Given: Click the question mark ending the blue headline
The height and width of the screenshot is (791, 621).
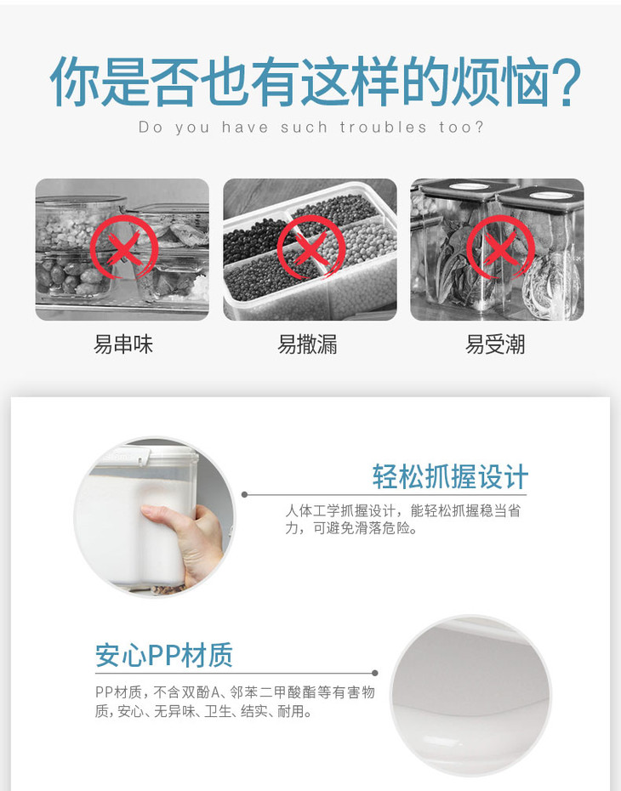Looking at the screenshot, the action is pos(563,81).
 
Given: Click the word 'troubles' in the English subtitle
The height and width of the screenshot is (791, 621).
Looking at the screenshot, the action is pos(384,127).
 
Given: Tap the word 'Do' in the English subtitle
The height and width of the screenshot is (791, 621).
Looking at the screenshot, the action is pos(151,127).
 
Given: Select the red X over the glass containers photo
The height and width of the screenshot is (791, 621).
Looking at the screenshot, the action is pos(123,248).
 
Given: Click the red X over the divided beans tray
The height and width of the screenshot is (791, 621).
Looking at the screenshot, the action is pos(310,248).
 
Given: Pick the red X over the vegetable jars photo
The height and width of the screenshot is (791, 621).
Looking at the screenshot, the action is pos(500,247).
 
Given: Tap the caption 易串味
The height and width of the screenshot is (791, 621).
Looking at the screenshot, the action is pos(123,345).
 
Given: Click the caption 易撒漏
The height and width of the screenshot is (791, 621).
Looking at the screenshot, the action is pos(307,345).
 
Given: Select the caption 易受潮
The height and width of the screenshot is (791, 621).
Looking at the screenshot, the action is pos(495,345).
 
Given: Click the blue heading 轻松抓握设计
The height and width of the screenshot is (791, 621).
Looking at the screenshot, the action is pos(451,476).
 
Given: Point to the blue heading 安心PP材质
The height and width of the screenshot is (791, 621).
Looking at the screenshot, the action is pos(164,655).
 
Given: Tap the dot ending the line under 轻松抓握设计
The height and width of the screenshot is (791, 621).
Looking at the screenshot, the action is pos(245,494).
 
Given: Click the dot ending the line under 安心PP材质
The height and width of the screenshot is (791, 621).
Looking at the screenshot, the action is pos(375,673).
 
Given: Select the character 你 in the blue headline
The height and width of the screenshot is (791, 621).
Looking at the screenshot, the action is pos(74,82).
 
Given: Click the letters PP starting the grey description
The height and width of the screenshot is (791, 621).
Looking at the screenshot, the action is pos(105,692).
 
